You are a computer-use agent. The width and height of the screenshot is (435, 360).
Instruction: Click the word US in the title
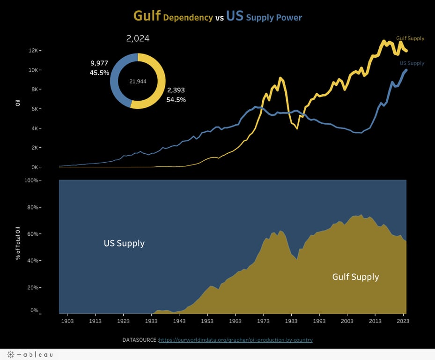(235, 16)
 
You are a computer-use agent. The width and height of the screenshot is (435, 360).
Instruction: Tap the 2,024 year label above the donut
(138, 38)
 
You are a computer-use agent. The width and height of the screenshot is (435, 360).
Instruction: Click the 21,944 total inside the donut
(138, 81)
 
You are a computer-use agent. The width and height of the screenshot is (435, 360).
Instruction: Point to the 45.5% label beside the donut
(99, 73)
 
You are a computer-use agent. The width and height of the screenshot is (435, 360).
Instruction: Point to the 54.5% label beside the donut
(176, 100)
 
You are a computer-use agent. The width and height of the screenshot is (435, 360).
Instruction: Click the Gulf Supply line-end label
(410, 38)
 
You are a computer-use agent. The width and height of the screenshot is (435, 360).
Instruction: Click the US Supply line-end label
(412, 63)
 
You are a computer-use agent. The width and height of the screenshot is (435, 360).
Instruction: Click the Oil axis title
(18, 102)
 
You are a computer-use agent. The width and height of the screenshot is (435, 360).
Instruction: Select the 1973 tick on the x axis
(263, 321)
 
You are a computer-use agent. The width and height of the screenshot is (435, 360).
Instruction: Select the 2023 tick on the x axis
(403, 321)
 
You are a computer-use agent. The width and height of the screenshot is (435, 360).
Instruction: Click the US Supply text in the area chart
(124, 243)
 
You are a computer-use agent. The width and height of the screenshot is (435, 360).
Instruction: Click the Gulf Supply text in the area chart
(355, 277)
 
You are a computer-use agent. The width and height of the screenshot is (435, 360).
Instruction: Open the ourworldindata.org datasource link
(236, 340)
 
